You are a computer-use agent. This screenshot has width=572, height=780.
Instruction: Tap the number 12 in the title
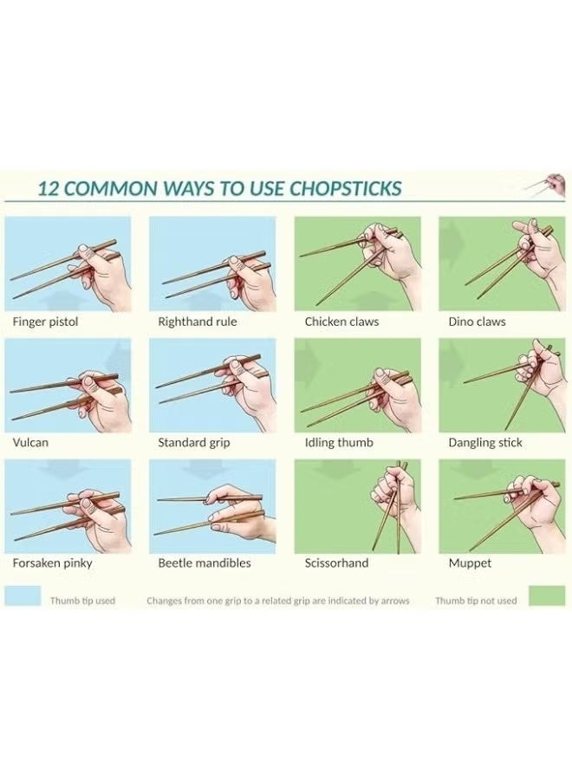49,188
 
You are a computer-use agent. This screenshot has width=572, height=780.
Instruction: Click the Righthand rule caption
197,322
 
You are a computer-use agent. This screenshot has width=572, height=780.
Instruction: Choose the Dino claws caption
477,322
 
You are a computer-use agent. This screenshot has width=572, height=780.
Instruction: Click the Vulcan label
30,442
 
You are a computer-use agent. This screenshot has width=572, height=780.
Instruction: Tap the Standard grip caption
193,442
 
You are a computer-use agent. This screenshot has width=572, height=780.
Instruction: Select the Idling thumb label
339,442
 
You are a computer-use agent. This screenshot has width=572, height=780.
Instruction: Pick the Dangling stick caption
484,442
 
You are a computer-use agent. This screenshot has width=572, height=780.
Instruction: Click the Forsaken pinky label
52,562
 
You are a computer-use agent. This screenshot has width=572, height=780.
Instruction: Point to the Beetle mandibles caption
204,562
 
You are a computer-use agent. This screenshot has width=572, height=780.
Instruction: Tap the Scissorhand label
336,562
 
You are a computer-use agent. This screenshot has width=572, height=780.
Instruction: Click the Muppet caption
470,562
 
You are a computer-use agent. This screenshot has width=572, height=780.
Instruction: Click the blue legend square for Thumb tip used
23,596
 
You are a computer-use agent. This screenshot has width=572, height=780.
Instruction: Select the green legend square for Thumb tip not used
547,596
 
